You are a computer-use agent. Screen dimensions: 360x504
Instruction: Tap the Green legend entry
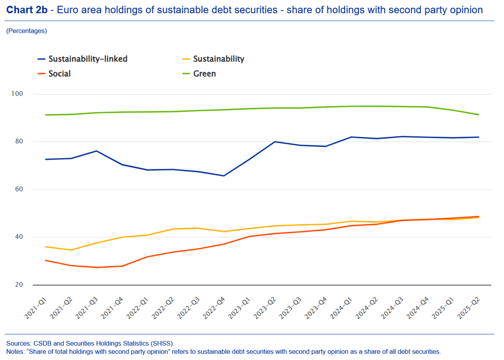point(204,74)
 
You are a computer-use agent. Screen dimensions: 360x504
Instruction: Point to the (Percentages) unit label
point(26,31)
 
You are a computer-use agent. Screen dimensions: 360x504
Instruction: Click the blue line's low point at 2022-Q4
point(224,176)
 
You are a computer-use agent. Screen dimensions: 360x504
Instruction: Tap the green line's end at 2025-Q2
point(478,115)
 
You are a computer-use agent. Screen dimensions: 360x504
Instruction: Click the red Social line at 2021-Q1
point(45,260)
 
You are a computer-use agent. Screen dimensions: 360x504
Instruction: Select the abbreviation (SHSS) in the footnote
point(162,343)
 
